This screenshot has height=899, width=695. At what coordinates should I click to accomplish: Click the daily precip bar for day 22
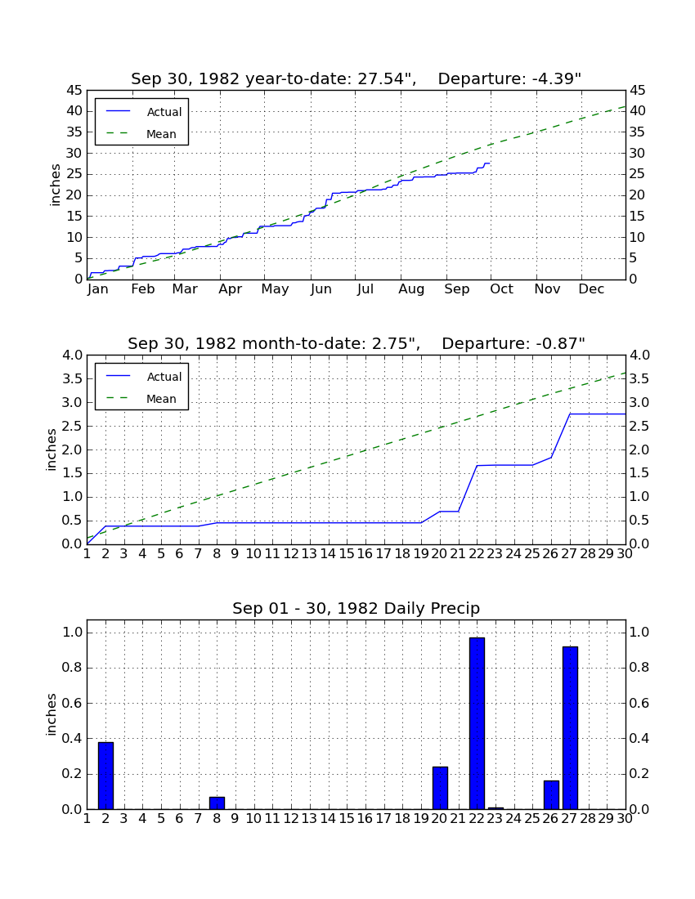(477, 723)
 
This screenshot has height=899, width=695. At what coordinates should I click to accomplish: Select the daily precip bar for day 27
(570, 727)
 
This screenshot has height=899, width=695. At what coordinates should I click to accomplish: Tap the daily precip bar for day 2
(105, 776)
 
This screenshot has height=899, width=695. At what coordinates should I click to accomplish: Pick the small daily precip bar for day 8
(217, 803)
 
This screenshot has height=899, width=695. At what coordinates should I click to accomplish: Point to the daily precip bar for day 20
(440, 788)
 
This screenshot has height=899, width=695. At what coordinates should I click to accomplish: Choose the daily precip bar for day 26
(551, 794)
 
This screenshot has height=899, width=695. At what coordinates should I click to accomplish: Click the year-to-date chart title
(356, 78)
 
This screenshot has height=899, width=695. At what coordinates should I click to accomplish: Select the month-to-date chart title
(356, 343)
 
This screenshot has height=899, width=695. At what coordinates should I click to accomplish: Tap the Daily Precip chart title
(356, 608)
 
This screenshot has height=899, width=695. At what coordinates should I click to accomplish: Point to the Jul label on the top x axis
(365, 289)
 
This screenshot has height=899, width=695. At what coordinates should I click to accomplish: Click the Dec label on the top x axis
(591, 289)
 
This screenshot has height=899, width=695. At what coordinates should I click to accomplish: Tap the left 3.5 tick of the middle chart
(73, 379)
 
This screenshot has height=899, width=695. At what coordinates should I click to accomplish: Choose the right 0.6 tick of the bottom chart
(639, 703)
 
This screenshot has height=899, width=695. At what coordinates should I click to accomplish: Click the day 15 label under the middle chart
(347, 554)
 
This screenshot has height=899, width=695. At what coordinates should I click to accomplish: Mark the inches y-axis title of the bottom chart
(52, 714)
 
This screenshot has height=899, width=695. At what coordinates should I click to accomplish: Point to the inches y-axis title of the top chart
(55, 185)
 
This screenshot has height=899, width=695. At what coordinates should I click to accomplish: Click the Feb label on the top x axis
(143, 289)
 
